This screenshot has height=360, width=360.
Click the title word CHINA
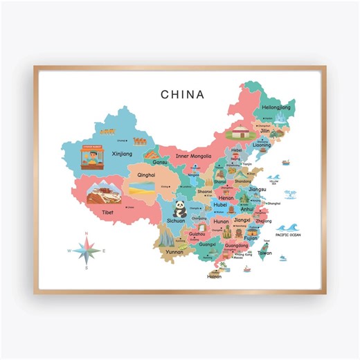pyautogui.click(x=183, y=93)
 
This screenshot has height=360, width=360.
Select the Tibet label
pyautogui.click(x=107, y=212)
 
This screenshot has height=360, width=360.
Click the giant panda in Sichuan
pyautogui.click(x=178, y=208)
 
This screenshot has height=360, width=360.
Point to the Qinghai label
pyautogui.click(x=147, y=175)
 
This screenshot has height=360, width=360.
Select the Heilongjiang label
pyautogui.click(x=276, y=107)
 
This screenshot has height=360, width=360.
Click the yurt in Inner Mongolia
pyautogui.click(x=240, y=134)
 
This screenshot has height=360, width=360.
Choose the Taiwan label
pyautogui.click(x=264, y=253)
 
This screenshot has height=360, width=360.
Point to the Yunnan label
pyautogui.click(x=174, y=252)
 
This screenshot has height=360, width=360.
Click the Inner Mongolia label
pyautogui.click(x=193, y=156)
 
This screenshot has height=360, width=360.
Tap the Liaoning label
pyautogui.click(x=262, y=145)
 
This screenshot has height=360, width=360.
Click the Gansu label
pyautogui.click(x=160, y=162)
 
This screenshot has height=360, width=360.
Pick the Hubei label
pyautogui.click(x=220, y=205)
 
